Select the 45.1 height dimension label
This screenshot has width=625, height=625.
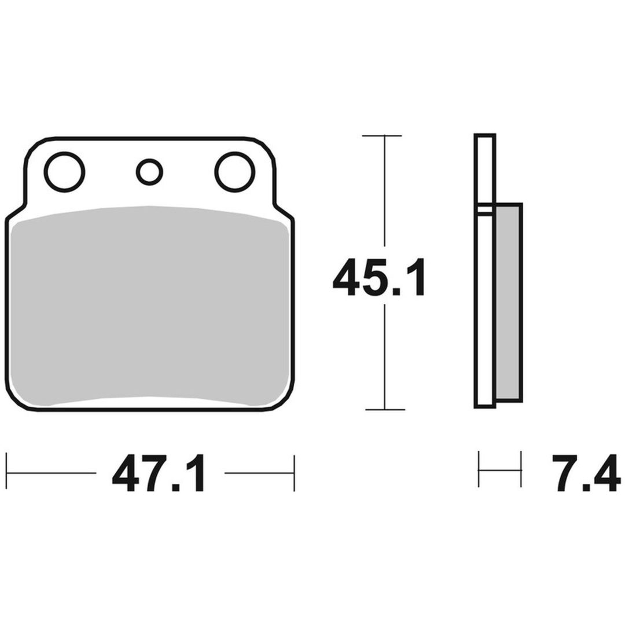click(379, 277)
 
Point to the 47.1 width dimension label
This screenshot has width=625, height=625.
click(159, 473)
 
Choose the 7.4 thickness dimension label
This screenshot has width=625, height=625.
click(586, 473)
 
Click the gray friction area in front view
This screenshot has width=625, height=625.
click(149, 306)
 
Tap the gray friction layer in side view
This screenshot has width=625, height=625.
click(508, 303)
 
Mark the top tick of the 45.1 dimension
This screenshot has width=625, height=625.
click(382, 135)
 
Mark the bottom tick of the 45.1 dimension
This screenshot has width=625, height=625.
click(385, 409)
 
